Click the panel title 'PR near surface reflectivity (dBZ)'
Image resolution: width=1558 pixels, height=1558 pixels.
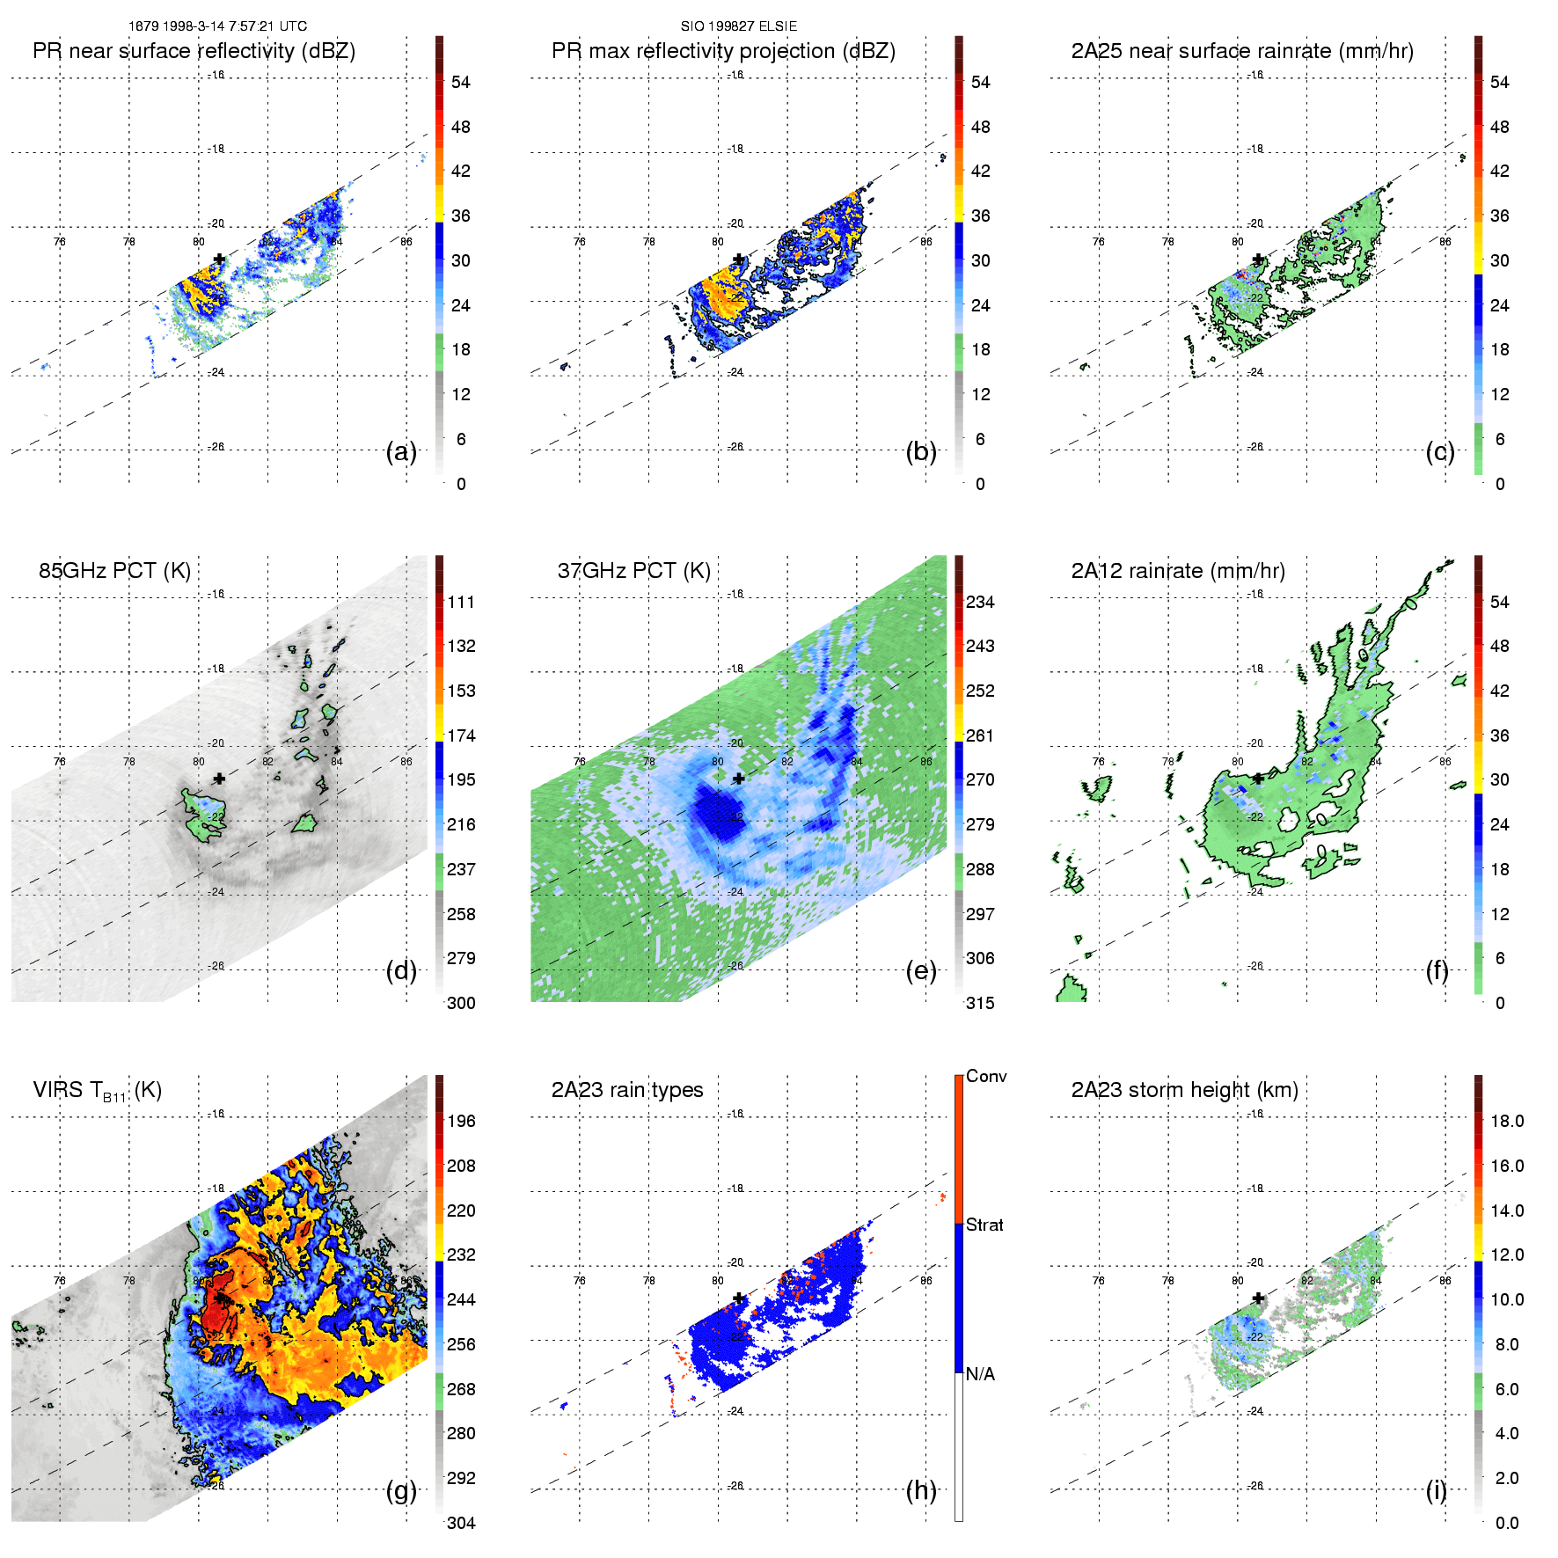pyautogui.click(x=194, y=51)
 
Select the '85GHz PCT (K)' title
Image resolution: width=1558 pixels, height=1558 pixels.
pyautogui.click(x=114, y=571)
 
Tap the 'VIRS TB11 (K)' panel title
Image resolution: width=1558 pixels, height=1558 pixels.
pyautogui.click(x=97, y=1091)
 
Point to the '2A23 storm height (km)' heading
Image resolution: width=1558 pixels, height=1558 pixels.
pyautogui.click(x=1184, y=1090)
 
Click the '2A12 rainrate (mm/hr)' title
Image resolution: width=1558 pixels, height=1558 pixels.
pyautogui.click(x=1178, y=571)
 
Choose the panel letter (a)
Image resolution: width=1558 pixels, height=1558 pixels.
pyautogui.click(x=400, y=452)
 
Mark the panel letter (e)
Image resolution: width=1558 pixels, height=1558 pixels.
pyautogui.click(x=920, y=971)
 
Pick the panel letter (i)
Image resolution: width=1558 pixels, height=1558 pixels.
pyautogui.click(x=1436, y=1490)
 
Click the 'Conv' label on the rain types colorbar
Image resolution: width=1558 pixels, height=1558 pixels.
pyautogui.click(x=985, y=1076)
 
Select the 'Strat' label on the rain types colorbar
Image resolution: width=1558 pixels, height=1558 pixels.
pyautogui.click(x=984, y=1225)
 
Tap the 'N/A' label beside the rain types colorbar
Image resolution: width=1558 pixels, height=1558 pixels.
pyautogui.click(x=980, y=1374)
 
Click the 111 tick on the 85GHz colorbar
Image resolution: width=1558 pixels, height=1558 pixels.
pyautogui.click(x=461, y=602)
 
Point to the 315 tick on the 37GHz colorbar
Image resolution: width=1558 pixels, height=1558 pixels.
pyautogui.click(x=980, y=1003)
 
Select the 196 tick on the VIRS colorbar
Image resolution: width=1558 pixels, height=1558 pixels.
pyautogui.click(x=461, y=1121)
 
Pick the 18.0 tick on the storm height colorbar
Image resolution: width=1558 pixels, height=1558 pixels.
pyautogui.click(x=1506, y=1121)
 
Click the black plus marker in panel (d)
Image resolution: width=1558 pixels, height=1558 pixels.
pyautogui.click(x=219, y=779)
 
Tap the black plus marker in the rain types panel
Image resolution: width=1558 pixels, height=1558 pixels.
pyautogui.click(x=739, y=1298)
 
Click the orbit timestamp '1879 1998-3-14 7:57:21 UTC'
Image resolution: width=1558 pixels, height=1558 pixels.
pyautogui.click(x=217, y=26)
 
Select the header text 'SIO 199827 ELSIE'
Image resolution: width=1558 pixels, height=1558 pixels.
pyautogui.click(x=738, y=26)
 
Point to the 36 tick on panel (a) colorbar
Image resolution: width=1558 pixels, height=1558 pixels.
pyautogui.click(x=460, y=216)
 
